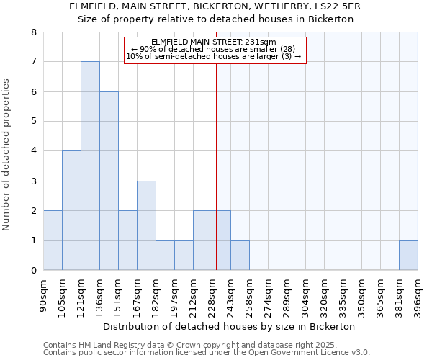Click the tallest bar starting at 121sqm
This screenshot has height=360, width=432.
point(90,166)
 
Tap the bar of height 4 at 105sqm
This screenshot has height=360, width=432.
point(71,210)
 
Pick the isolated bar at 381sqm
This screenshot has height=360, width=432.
point(408,256)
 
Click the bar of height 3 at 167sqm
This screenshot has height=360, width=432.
point(146,225)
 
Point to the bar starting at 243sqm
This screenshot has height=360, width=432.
point(240,256)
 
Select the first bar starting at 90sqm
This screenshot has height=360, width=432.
point(53,240)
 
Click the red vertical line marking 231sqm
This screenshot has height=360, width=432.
point(216,180)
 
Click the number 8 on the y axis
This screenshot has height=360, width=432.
point(33,32)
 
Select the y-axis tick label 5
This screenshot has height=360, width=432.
point(33,122)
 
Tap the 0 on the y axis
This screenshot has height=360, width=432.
point(33,271)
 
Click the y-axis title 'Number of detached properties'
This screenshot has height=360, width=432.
point(7,155)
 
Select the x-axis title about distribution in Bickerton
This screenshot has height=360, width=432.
point(230,326)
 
